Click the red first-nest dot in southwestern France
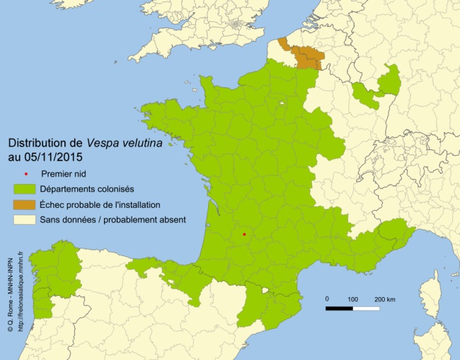pyautogui.click(x=244, y=234)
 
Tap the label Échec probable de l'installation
pyautogui.click(x=110, y=204)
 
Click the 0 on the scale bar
pyautogui.click(x=327, y=299)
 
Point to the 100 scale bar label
pyautogui.click(x=352, y=299)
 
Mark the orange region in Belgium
pyautogui.click(x=304, y=56)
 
